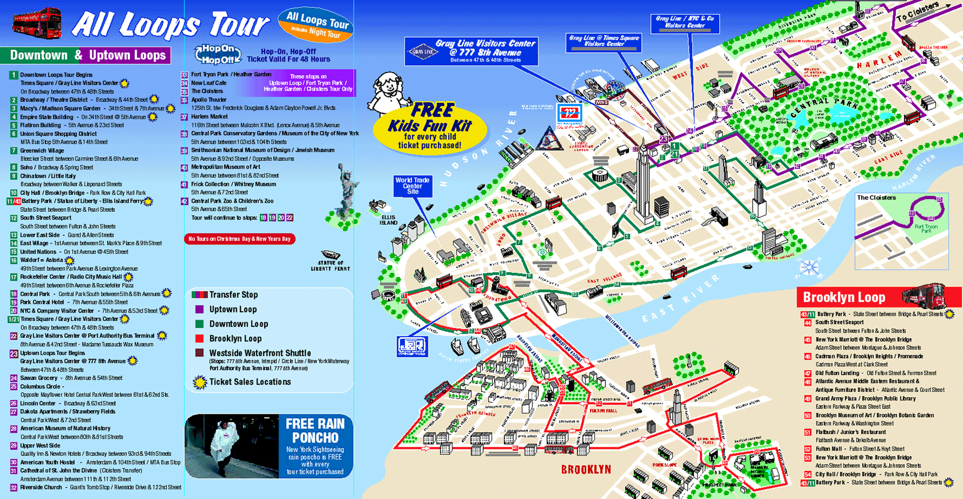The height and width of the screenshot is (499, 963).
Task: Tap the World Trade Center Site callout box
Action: (412, 186)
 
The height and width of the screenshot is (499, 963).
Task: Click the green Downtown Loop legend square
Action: (199, 324)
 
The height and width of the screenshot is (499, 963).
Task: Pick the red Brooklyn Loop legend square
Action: (199, 338)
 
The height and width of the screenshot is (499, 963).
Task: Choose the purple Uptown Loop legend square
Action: (199, 309)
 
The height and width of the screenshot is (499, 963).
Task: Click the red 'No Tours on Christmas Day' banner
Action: (239, 239)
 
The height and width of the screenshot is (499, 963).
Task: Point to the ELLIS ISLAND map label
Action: (388, 220)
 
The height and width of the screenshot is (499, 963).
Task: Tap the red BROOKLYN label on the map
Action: (586, 469)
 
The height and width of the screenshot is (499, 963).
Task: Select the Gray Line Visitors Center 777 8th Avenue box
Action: (471, 51)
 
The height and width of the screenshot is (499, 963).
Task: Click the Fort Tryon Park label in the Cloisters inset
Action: (926, 228)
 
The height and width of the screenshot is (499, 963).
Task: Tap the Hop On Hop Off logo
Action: (218, 54)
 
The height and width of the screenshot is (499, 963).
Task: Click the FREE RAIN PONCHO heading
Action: (315, 430)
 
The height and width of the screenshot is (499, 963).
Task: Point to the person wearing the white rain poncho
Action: (226, 446)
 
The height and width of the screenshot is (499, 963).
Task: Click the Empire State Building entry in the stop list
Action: (47, 117)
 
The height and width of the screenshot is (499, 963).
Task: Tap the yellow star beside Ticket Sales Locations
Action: (200, 382)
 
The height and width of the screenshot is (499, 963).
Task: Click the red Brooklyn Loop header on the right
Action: (844, 297)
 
